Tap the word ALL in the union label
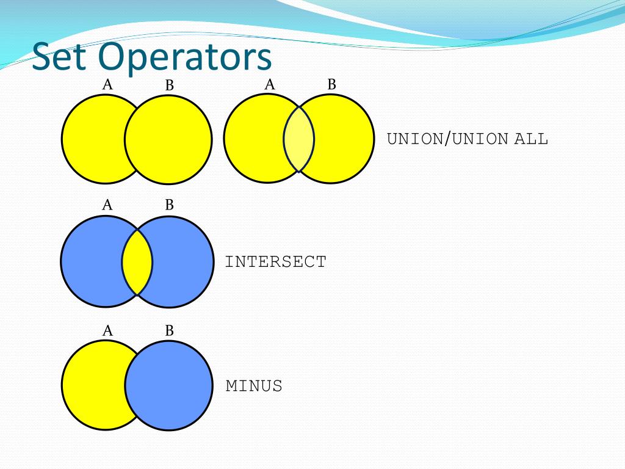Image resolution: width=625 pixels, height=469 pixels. (x=531, y=139)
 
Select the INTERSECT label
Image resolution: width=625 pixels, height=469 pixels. (x=276, y=262)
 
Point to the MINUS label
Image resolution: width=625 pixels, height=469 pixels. (x=254, y=386)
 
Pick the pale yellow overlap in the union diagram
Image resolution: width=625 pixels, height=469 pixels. (x=299, y=139)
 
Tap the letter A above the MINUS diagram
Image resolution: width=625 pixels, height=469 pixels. (x=107, y=331)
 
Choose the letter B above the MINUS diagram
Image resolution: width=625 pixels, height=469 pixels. (x=169, y=331)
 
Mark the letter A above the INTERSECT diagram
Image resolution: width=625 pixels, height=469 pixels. (x=107, y=205)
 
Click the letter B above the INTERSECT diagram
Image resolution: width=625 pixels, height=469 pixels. (x=169, y=205)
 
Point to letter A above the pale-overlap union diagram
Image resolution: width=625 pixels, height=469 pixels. (x=270, y=85)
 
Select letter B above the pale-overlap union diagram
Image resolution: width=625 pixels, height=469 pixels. (x=331, y=85)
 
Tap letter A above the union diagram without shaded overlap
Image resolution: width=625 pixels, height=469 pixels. (x=107, y=85)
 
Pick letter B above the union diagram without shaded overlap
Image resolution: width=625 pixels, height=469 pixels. (x=169, y=85)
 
